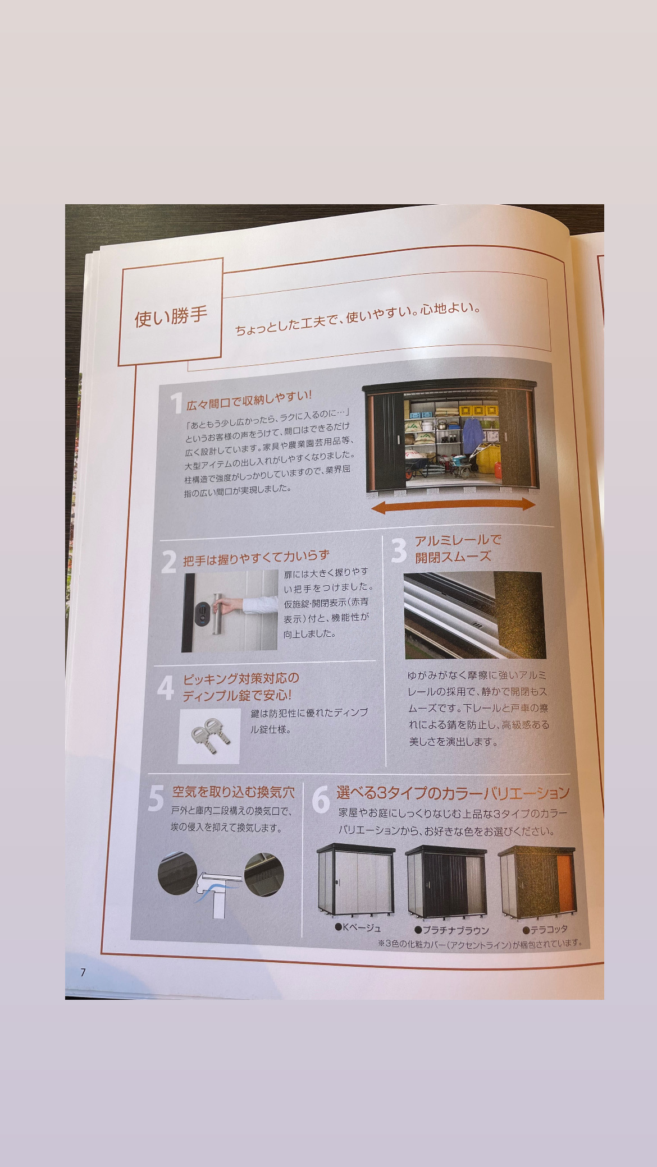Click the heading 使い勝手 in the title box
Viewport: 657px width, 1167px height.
click(171, 317)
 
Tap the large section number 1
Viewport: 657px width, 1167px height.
click(177, 404)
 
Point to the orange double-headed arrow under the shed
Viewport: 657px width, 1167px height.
click(453, 506)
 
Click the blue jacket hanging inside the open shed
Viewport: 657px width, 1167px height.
click(472, 431)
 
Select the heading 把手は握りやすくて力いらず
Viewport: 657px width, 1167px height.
click(256, 558)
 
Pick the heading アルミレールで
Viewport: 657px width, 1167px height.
click(458, 541)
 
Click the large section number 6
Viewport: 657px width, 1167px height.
click(321, 800)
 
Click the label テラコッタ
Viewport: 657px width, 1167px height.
click(545, 929)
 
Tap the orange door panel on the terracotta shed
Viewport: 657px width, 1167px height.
click(565, 883)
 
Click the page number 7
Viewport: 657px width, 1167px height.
click(83, 972)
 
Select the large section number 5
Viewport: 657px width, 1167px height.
click(156, 798)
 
